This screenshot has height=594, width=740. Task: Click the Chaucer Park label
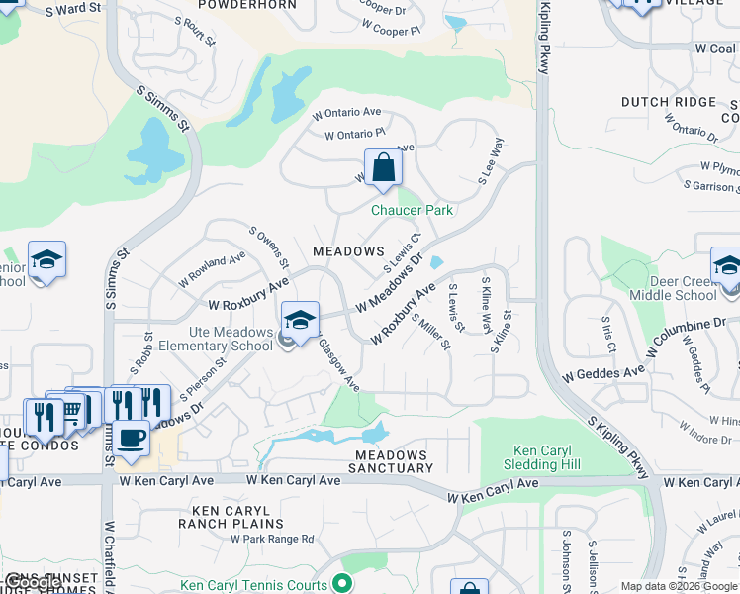412,210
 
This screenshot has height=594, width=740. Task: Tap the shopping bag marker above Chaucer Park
383,167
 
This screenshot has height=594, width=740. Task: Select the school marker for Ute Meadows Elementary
300,320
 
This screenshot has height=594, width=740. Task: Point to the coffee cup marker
131,438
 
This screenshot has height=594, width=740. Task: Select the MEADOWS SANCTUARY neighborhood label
394,460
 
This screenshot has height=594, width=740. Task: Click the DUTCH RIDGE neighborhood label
668,102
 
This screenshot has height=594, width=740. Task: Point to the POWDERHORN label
247,5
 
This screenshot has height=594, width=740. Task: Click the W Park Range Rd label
272,539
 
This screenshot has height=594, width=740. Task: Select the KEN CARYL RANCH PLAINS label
231,516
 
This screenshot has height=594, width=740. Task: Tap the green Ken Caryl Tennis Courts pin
342,584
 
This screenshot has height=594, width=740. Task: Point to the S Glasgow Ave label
337,362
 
